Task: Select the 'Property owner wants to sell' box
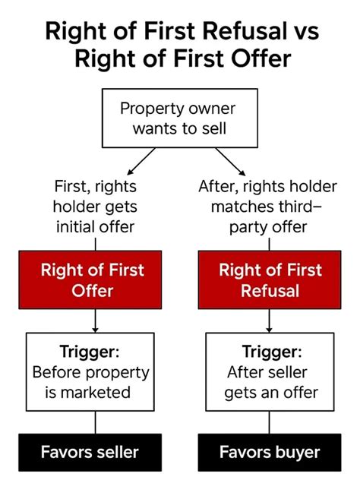tap(180, 118)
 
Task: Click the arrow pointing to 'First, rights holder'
tap(141, 161)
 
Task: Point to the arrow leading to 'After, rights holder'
tap(230, 162)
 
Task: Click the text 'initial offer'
tap(96, 227)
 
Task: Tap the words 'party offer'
tap(268, 228)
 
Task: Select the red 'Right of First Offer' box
tap(90, 279)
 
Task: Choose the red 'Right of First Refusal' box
tap(270, 279)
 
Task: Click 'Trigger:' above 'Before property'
tap(90, 352)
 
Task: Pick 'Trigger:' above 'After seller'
tap(272, 352)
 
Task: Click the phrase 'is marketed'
tap(88, 393)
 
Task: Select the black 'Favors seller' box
tap(90, 452)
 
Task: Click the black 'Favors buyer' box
tap(270, 452)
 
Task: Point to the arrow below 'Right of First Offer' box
tap(95, 321)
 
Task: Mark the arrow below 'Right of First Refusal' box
tap(269, 321)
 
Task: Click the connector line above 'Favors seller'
tap(95, 422)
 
